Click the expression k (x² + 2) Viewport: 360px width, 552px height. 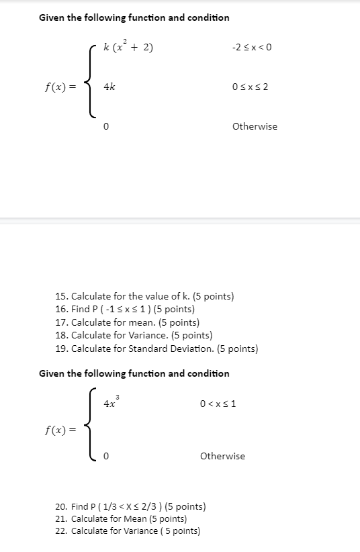(129, 46)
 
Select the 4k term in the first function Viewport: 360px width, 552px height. (109, 87)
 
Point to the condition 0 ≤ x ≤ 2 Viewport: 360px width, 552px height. (251, 87)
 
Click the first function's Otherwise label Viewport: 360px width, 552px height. (255, 126)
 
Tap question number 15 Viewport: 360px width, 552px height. (62, 296)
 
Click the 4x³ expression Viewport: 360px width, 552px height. (111, 403)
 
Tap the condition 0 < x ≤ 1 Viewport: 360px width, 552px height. (218, 404)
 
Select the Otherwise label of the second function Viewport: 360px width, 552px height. (222, 456)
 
